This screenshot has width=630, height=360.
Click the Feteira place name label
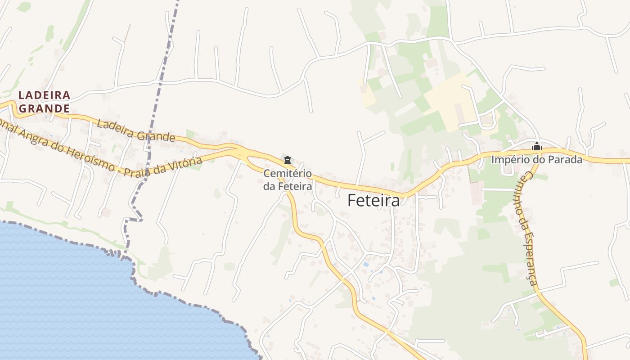coord(373,201)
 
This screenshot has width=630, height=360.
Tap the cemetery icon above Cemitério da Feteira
coord(288,160)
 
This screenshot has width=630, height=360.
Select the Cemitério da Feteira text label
coord(288,179)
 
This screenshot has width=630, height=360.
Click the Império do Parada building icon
coord(536,146)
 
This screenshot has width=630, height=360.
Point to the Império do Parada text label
coord(536,159)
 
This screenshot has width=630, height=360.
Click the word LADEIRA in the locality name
coord(44,95)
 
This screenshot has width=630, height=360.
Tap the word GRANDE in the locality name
coord(44,108)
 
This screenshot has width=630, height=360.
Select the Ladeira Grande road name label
coord(135,130)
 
